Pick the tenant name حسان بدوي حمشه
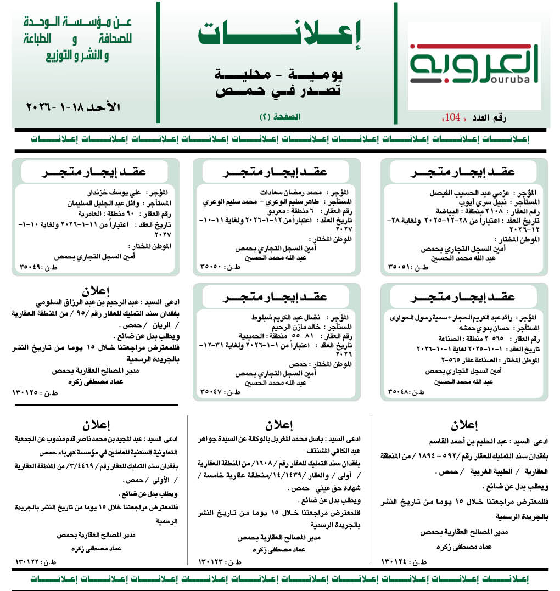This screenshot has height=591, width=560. tap(477, 327)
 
